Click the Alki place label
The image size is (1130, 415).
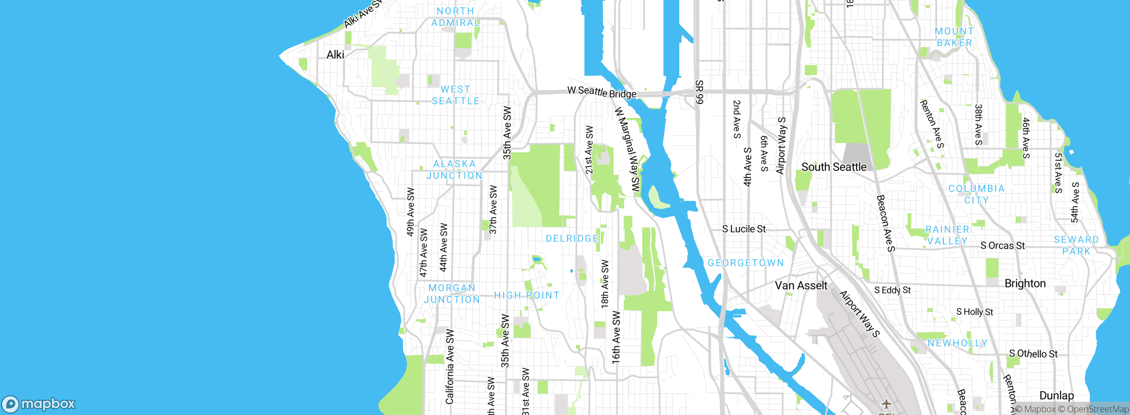click(335, 55)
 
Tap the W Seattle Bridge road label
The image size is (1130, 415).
click(602, 92)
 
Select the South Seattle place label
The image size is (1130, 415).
click(834, 167)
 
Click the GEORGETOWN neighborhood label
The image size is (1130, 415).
click(746, 263)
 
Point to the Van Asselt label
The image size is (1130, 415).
click(801, 286)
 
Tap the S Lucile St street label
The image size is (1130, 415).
click(744, 229)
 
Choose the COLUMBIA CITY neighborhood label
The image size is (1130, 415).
click(976, 194)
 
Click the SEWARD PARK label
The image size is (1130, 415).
click(1076, 245)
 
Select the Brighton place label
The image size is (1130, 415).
click(1025, 283)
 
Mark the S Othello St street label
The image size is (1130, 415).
click(1033, 354)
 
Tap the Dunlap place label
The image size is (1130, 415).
click(1056, 396)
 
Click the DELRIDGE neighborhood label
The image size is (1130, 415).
click(572, 238)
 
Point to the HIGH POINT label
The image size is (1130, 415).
click(527, 295)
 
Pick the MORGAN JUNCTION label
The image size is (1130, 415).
click(452, 294)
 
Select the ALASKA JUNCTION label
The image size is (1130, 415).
click(454, 170)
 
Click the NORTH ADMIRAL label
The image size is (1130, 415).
click(455, 17)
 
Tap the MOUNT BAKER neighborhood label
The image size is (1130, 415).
click(954, 37)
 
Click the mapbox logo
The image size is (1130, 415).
click(39, 404)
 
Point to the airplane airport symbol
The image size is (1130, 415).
click(886, 404)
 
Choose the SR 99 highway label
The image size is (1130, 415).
click(699, 92)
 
